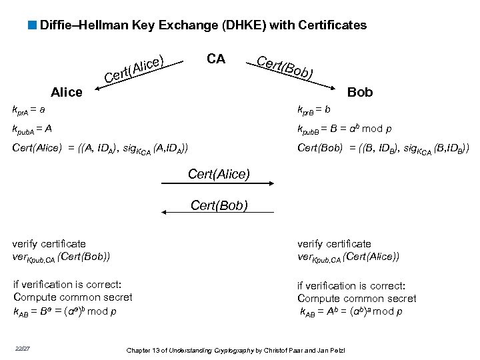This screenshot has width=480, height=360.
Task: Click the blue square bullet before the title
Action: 33,25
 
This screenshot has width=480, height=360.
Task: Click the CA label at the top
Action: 215,59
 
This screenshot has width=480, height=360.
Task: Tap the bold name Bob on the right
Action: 360,92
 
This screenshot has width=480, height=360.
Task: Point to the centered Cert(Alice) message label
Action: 219,174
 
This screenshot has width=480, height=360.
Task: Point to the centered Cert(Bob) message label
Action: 219,205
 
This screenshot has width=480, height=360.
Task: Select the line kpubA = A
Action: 33,129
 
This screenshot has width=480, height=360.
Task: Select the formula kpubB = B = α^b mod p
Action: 344,129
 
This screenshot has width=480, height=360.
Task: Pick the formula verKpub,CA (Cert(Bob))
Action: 61,256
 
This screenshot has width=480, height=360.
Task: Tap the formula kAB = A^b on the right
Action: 350,311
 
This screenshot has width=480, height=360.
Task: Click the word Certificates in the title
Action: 329,25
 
